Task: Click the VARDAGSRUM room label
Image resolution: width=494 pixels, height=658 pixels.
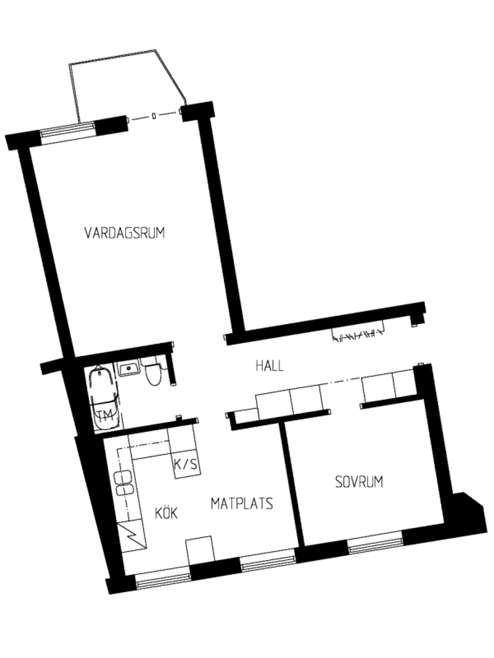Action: (125, 233)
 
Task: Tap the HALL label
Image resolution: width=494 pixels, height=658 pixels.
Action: (269, 366)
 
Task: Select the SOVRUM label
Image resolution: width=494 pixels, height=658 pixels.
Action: (359, 482)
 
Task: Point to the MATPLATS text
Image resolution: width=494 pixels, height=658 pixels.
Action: (242, 503)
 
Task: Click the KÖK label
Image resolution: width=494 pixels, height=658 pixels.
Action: (166, 512)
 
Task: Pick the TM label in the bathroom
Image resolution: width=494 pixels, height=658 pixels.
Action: (105, 415)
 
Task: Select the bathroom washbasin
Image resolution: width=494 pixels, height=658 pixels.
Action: (129, 368)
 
